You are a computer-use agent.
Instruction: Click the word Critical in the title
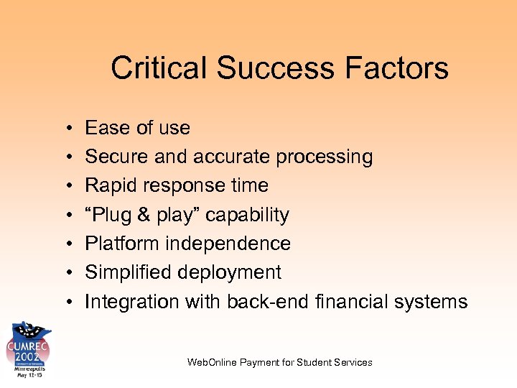[159, 68]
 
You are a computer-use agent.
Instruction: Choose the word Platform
[122, 244]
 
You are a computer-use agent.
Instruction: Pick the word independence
[228, 244]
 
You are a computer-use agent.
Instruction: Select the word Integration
[131, 302]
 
